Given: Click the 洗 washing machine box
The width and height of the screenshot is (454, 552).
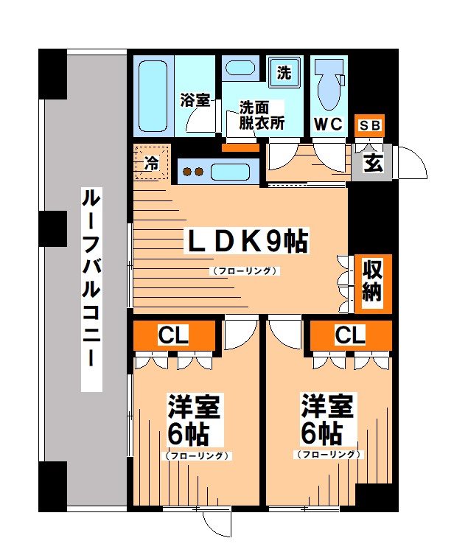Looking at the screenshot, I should tap(284, 72).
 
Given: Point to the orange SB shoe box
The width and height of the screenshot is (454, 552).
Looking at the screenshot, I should tap(369, 125).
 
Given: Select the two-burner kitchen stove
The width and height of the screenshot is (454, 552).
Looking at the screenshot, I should tap(193, 172).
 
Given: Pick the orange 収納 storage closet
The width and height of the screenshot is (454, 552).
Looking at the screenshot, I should tap(371, 281).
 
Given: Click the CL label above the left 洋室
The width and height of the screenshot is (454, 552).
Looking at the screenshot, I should tap(174, 335).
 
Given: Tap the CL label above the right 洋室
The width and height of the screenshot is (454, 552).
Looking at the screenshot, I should tap(350, 335).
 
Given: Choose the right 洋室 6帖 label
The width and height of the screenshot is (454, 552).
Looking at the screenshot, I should tap(328, 417).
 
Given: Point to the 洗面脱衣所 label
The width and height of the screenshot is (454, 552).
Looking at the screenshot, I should tap(261, 114).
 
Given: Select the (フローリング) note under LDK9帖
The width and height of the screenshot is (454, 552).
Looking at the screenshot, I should tap(245, 270).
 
